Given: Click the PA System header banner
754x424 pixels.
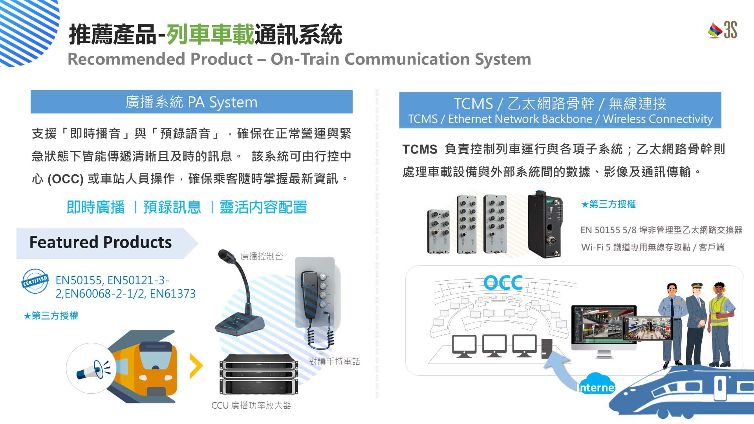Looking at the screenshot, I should click(191, 102).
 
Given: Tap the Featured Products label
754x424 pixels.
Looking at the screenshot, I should click(101, 242).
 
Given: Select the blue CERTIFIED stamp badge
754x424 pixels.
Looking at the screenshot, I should click(35, 281).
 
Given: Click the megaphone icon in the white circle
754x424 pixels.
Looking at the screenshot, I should click(91, 369).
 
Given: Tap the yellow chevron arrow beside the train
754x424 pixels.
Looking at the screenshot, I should click(196, 366).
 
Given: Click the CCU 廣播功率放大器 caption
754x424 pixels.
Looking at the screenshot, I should click(251, 406).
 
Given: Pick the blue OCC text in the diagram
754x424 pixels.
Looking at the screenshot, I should click(503, 283).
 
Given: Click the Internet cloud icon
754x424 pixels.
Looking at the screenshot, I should click(596, 385).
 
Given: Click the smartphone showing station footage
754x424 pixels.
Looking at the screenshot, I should click(648, 328).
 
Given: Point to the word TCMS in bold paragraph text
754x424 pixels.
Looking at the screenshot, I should click(419, 150).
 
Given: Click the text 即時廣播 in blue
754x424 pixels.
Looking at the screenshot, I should click(95, 207).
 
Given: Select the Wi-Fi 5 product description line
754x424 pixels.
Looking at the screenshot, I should click(652, 247).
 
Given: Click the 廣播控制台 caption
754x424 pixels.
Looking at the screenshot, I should click(262, 256).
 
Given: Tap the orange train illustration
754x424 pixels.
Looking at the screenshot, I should click(149, 367).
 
